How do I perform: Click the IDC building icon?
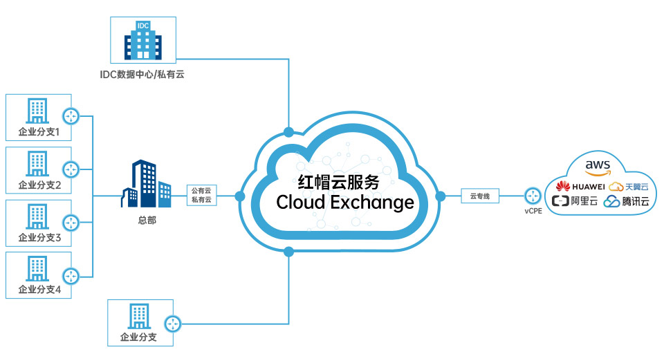pos(143,39)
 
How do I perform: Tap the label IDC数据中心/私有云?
pos(142,73)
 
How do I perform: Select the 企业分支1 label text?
pos(39,131)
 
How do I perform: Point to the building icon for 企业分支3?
pos(36,216)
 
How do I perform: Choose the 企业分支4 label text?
pos(39,290)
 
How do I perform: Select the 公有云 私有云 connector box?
pos(201,195)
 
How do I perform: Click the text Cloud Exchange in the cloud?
pos(345,202)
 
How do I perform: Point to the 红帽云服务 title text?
pos(338,182)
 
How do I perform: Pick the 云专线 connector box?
pos(480,196)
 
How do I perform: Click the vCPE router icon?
pos(532,196)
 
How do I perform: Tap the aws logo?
pos(598,167)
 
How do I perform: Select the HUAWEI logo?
pos(580,186)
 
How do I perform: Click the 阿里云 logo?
pos(575,202)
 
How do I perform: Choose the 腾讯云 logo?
pos(626,202)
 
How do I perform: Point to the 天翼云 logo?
pos(628,186)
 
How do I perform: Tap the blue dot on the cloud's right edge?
pos(440,196)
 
